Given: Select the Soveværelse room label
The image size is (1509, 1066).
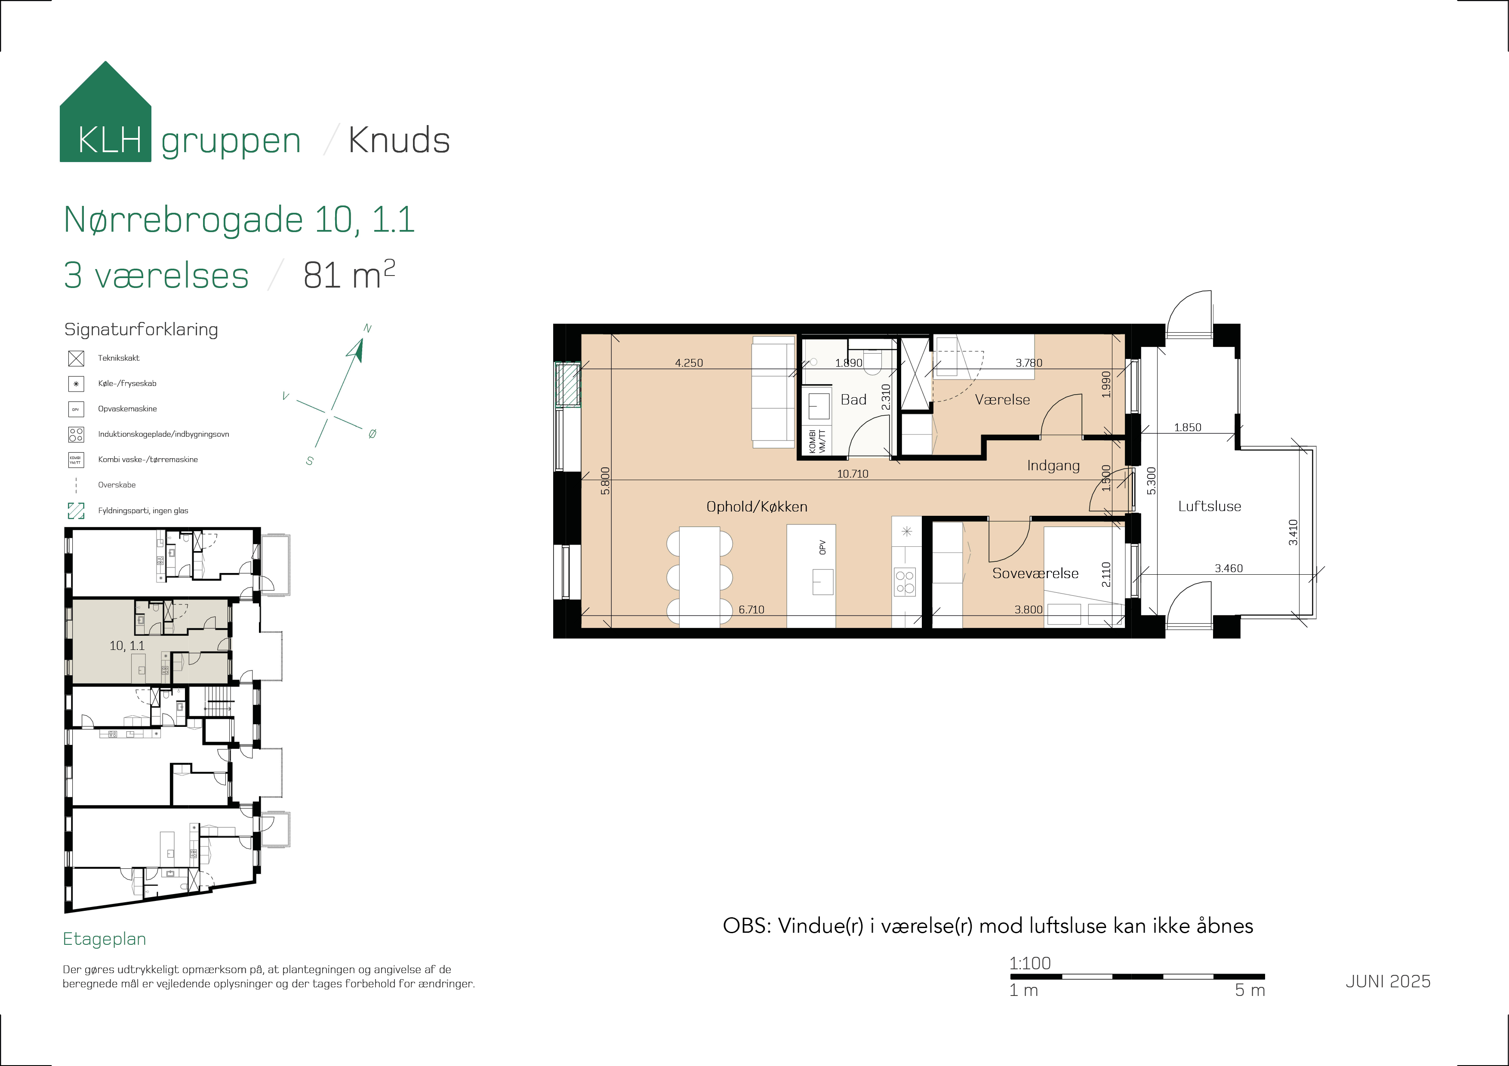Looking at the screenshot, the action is click(x=1035, y=573).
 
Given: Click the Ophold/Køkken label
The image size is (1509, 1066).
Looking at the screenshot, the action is click(x=757, y=506).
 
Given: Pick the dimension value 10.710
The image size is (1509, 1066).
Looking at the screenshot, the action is click(x=853, y=474).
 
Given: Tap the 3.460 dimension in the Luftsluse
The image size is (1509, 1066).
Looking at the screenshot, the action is click(x=1229, y=568).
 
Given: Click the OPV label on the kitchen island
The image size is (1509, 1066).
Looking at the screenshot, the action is click(x=822, y=547).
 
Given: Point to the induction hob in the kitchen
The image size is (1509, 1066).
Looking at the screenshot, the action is click(x=905, y=582).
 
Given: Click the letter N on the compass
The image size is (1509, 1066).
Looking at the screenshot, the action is click(x=367, y=328).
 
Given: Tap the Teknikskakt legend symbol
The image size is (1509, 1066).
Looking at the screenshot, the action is click(x=76, y=358).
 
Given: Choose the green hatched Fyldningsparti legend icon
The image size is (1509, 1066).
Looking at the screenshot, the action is click(x=76, y=510).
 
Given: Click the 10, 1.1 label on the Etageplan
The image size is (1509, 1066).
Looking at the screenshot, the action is click(x=127, y=646).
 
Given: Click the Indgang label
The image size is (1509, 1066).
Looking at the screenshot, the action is click(x=1053, y=466).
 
